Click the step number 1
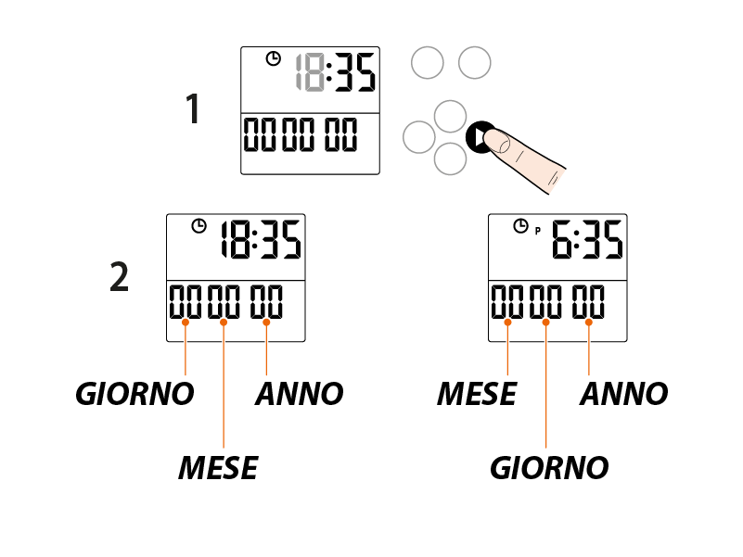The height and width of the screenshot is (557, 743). click(193, 110)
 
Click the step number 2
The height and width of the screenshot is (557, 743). click(119, 278)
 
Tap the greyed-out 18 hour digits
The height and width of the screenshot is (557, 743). click(309, 72)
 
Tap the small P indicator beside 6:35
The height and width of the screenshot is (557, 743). click(536, 231)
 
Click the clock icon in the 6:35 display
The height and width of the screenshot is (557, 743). click(520, 225)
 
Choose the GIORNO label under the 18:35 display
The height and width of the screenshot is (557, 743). click(135, 394)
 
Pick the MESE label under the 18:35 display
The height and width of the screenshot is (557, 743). click(218, 468)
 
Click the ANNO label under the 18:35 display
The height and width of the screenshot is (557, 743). click(299, 394)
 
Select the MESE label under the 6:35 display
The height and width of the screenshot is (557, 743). click(476, 394)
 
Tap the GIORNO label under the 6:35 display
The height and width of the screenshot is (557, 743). click(549, 468)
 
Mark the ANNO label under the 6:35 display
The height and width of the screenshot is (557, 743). click(623, 394)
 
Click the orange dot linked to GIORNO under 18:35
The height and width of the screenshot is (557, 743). click(186, 322)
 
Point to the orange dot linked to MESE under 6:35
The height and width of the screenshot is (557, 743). click(508, 322)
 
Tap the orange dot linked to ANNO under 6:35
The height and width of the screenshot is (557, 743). click(589, 322)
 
